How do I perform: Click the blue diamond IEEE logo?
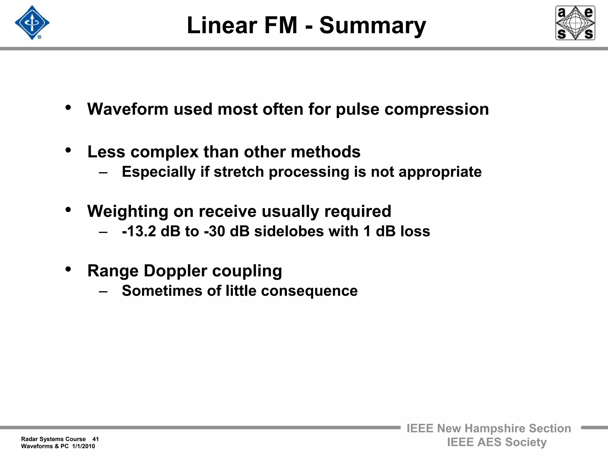[x=32, y=23]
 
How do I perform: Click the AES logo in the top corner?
[x=575, y=23]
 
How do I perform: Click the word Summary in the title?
[x=373, y=26]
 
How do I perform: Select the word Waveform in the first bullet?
[x=128, y=109]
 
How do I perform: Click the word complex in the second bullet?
[x=164, y=152]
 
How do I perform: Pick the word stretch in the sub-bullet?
[x=239, y=172]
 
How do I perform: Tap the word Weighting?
[x=128, y=212]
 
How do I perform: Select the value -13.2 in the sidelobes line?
[x=139, y=231]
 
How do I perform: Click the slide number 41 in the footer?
[x=95, y=439]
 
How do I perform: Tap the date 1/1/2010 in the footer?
[x=83, y=446]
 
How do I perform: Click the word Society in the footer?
[x=526, y=442]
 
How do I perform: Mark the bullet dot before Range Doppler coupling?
[x=68, y=269]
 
